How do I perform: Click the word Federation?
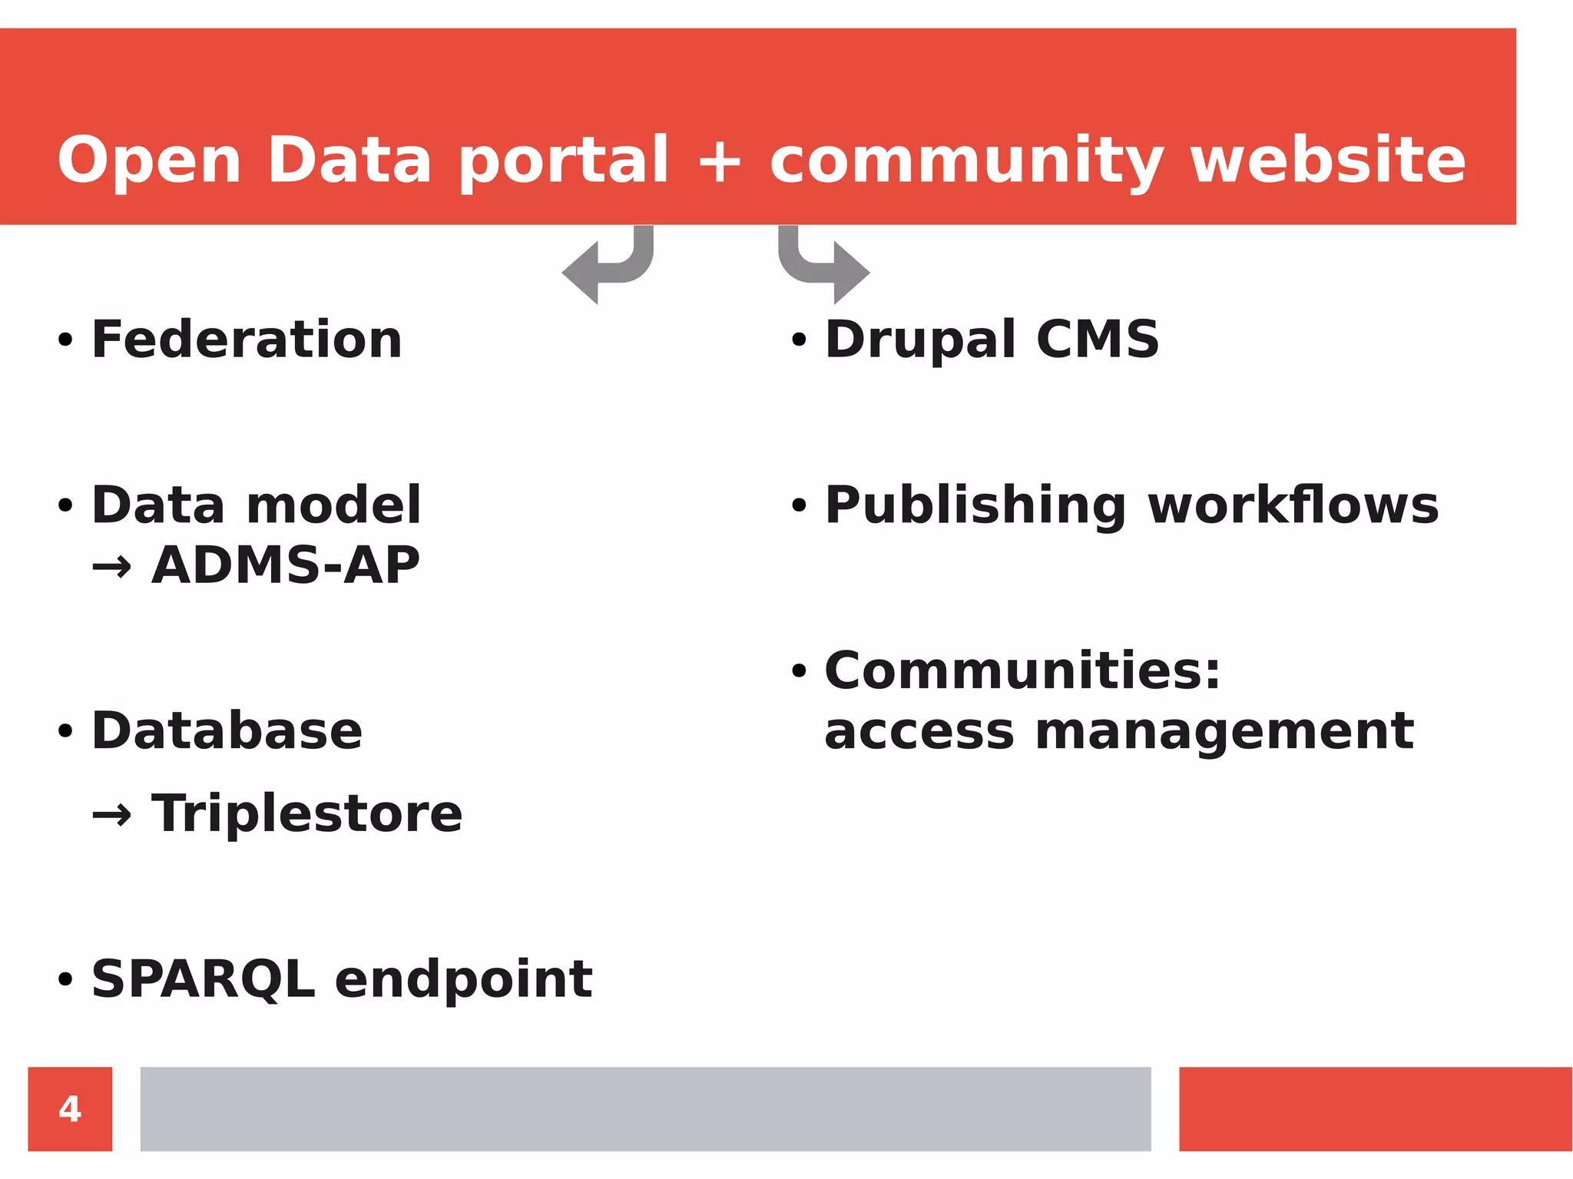click(x=247, y=339)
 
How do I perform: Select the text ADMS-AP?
click(x=285, y=565)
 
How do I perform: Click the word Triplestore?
click(x=307, y=813)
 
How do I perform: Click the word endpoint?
click(x=463, y=981)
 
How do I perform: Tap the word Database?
click(x=227, y=730)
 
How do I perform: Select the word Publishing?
click(x=975, y=506)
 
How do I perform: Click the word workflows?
click(x=1293, y=505)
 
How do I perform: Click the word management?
click(x=1224, y=732)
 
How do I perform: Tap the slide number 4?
click(x=70, y=1108)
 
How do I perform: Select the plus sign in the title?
click(x=719, y=161)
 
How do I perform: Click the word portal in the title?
click(x=564, y=161)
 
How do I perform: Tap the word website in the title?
click(x=1328, y=160)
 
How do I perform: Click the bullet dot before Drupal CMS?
click(x=799, y=340)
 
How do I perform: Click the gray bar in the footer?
click(x=645, y=1108)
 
